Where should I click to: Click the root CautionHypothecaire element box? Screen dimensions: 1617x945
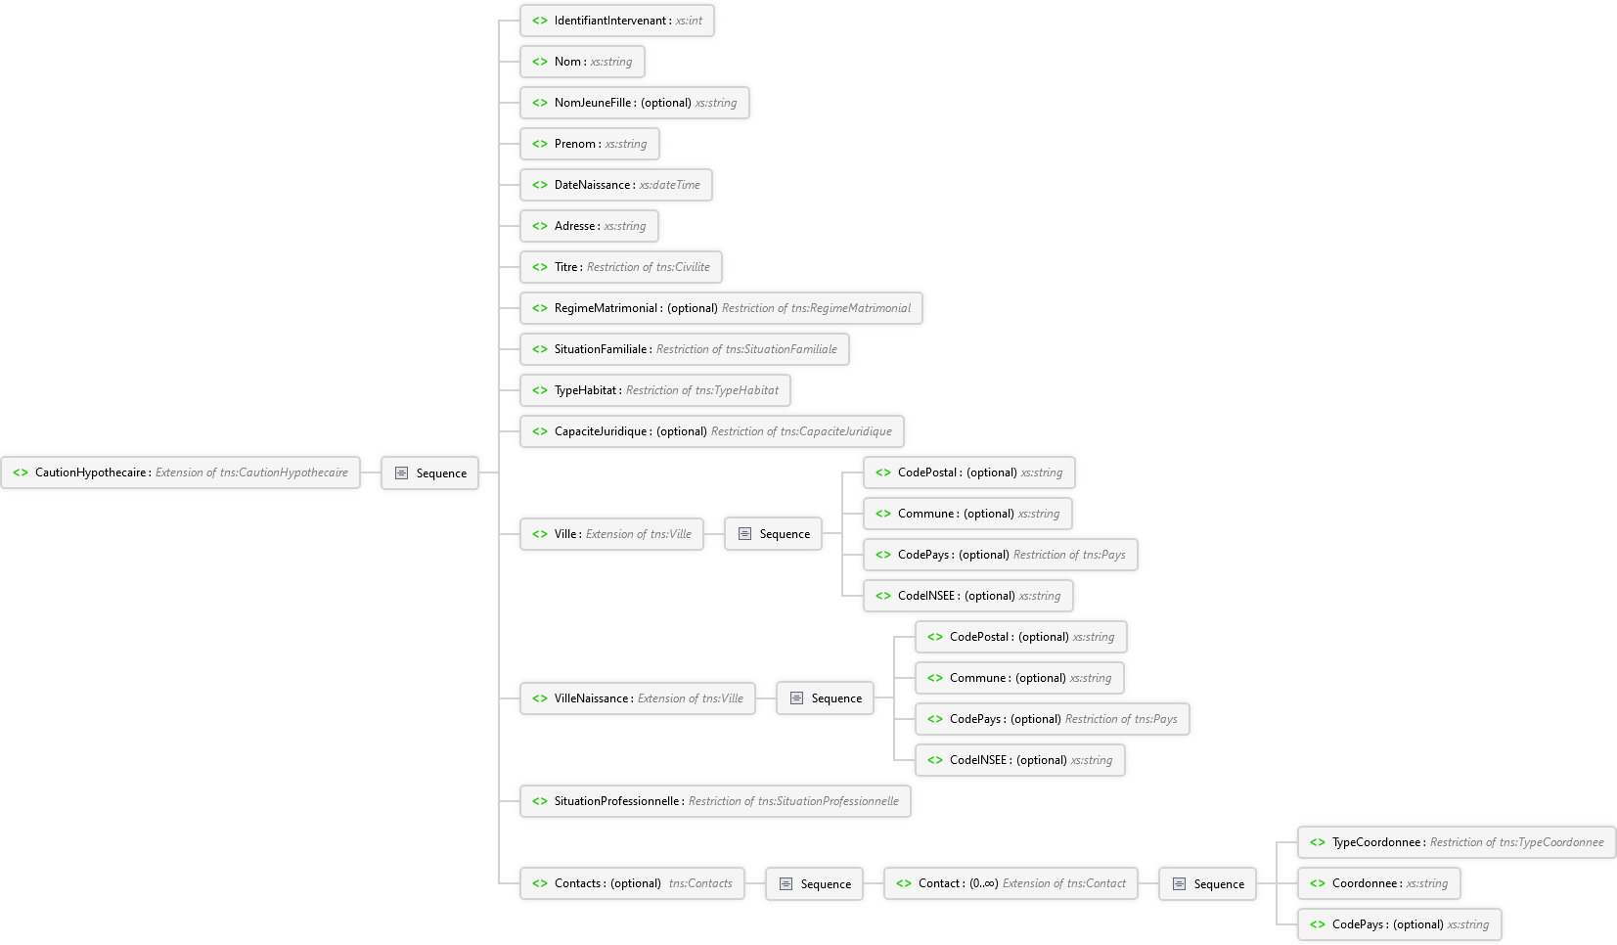pyautogui.click(x=180, y=472)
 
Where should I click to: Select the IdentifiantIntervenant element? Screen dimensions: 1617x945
pyautogui.click(x=617, y=21)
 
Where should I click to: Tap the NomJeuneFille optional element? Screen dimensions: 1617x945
pyautogui.click(x=635, y=104)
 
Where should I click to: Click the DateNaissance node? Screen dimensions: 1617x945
pyautogui.click(x=615, y=186)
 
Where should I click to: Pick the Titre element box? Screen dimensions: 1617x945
pyautogui.click(x=621, y=268)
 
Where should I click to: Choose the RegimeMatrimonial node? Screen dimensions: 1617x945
pyautogui.click(x=721, y=309)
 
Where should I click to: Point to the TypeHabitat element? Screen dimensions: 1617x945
pyautogui.click(x=655, y=391)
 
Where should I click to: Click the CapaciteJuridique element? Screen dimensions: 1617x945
pyautogui.click(x=712, y=432)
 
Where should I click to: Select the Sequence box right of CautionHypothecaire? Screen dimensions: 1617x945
pyautogui.click(x=430, y=473)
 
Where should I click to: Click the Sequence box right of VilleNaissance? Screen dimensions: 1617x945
pyautogui.click(x=825, y=698)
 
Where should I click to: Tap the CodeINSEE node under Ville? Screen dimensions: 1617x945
pyautogui.click(x=968, y=597)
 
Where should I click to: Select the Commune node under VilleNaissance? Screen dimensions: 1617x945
pyautogui.click(x=1020, y=679)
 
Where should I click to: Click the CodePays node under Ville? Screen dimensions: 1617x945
pyautogui.click(x=1001, y=555)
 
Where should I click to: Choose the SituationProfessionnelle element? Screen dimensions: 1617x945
pyautogui.click(x=715, y=802)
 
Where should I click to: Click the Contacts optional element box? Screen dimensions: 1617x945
pyautogui.click(x=632, y=884)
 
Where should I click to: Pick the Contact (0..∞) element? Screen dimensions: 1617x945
pyautogui.click(x=1011, y=884)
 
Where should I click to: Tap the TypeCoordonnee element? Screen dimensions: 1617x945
pyautogui.click(x=1457, y=843)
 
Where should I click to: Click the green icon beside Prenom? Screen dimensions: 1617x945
pyautogui.click(x=540, y=145)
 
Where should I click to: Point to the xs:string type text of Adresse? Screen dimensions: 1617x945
pyautogui.click(x=625, y=227)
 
